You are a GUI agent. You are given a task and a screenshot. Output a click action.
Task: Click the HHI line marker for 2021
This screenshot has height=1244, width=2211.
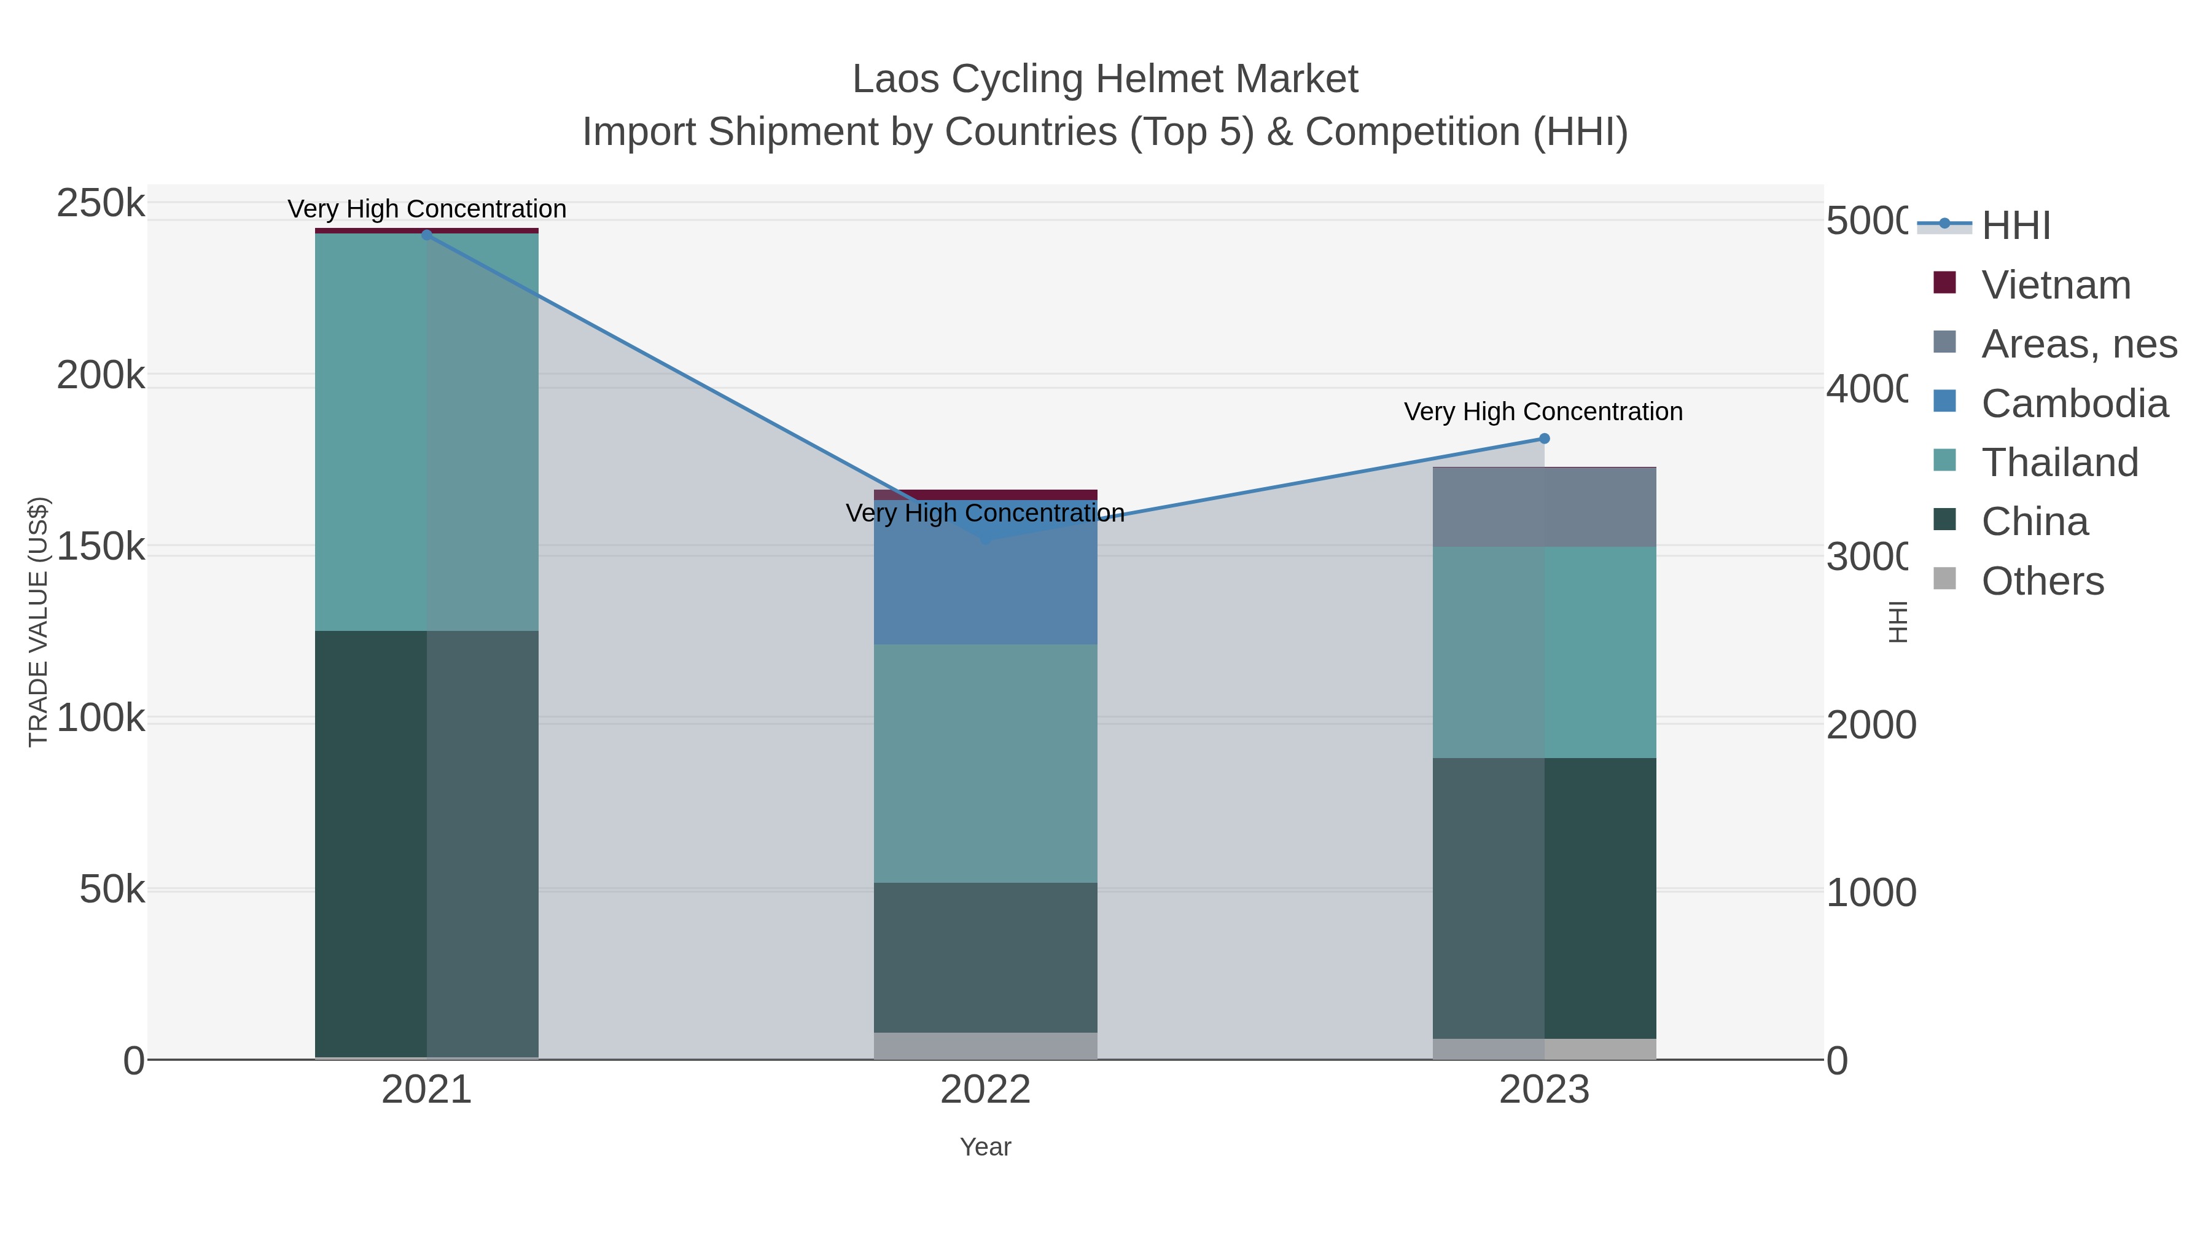point(427,235)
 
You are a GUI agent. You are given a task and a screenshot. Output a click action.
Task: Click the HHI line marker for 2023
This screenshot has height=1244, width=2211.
point(1544,439)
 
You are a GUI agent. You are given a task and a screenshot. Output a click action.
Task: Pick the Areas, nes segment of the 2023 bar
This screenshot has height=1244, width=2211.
point(1544,507)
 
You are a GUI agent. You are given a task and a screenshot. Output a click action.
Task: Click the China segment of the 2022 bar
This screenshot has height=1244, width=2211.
point(985,957)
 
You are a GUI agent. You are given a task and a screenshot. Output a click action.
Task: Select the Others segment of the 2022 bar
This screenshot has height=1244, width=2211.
point(985,1046)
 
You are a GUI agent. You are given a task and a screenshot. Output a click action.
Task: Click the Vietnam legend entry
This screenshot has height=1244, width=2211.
point(2055,285)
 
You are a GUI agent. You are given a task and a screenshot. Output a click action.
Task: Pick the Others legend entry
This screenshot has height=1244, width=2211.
point(2042,581)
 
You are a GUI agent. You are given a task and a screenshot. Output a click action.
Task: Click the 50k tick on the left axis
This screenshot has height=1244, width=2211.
point(112,890)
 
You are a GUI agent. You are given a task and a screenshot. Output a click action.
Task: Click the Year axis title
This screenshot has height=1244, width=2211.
point(985,1147)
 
